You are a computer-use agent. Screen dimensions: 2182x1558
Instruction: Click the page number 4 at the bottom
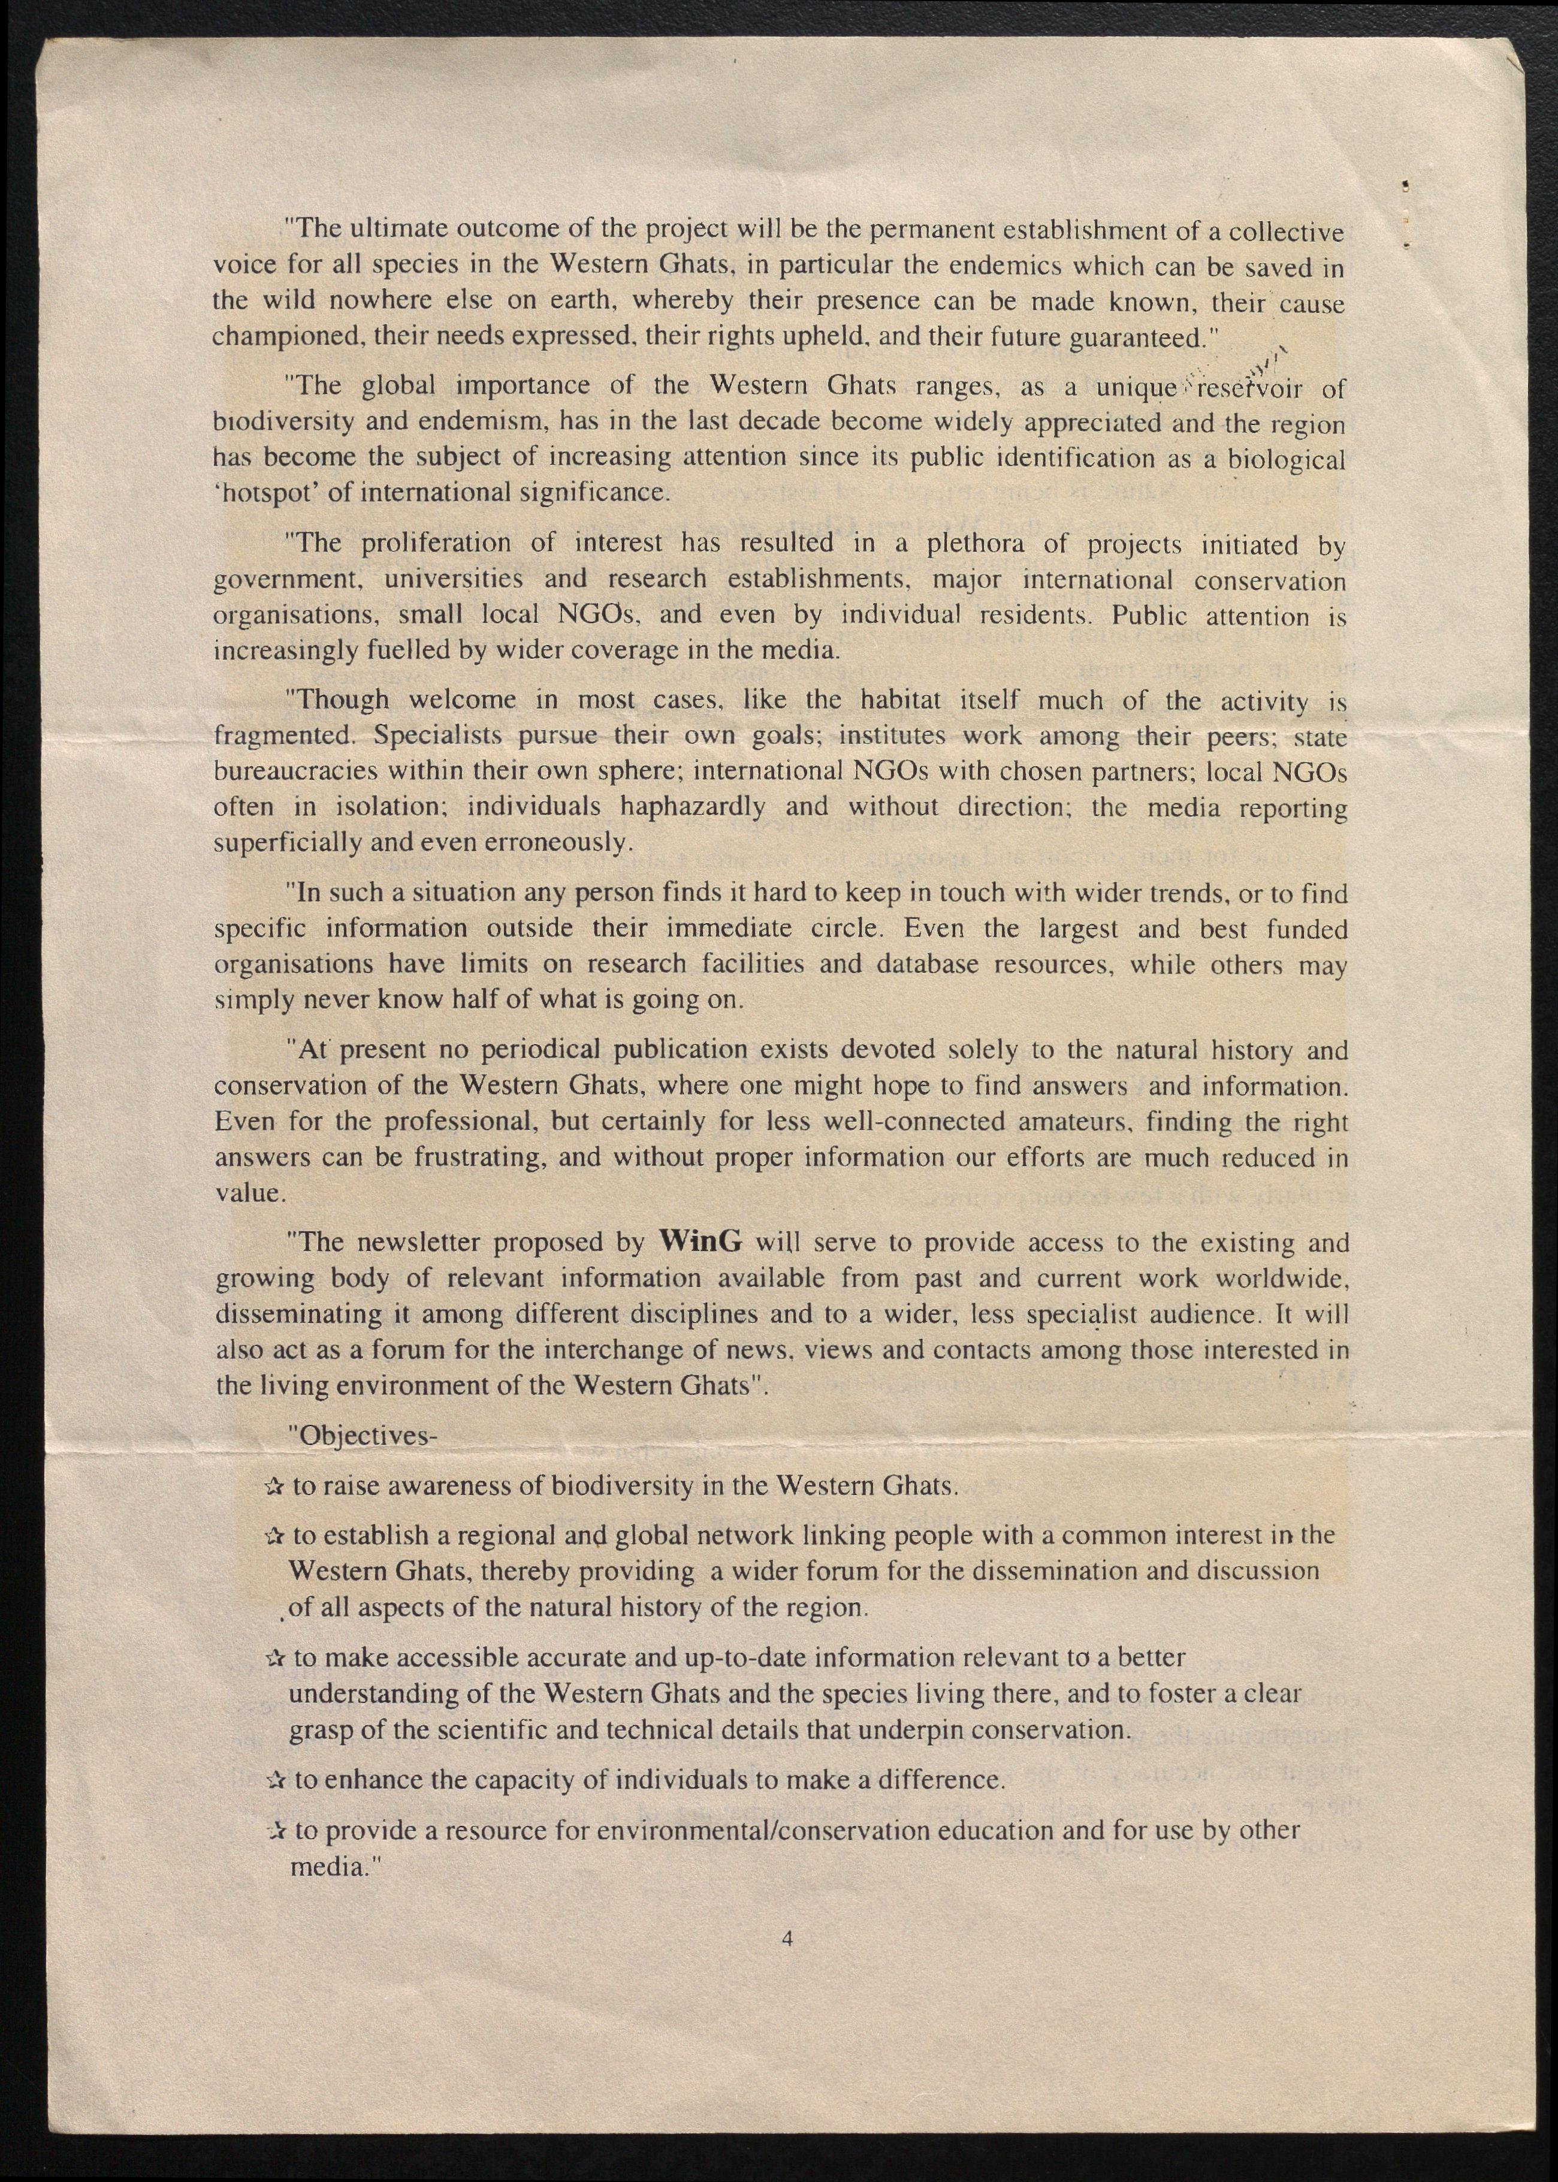click(787, 1937)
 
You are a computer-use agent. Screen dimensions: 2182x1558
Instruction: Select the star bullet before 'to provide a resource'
click(274, 1832)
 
